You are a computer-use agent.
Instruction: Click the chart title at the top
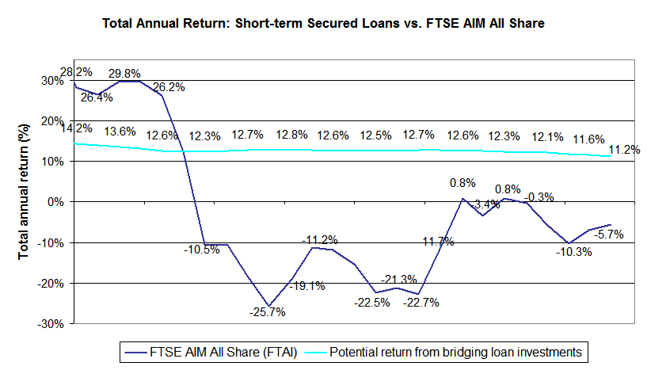(x=323, y=25)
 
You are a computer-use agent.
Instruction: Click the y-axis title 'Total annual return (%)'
(x=25, y=201)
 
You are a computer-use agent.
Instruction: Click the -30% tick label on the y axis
(x=50, y=323)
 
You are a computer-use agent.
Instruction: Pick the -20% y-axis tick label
(x=50, y=283)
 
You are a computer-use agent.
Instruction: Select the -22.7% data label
(x=422, y=302)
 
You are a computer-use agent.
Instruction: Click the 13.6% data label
(x=120, y=132)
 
